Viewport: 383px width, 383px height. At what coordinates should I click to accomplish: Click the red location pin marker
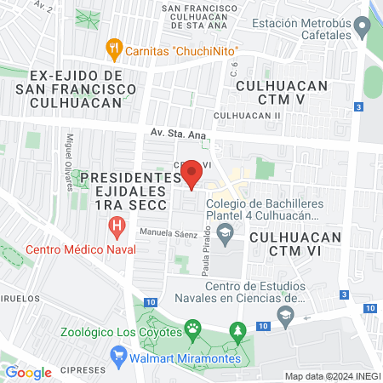coord(192,174)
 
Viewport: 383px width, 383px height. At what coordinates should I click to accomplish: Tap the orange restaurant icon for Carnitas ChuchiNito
coord(112,48)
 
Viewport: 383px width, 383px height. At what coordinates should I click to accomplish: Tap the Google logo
coord(29,372)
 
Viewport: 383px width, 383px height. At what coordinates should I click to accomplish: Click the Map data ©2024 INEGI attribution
coord(331,376)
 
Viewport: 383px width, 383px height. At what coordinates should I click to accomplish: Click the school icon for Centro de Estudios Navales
coord(285,317)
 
